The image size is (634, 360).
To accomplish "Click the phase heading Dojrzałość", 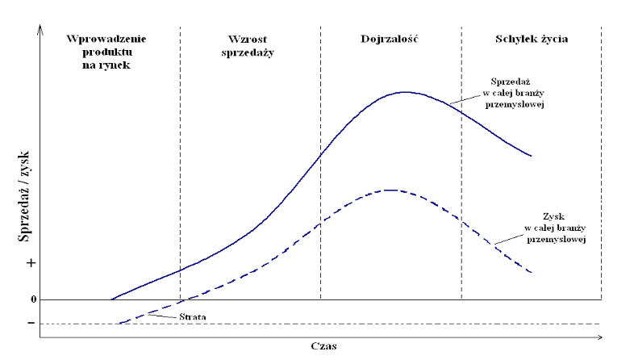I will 390,39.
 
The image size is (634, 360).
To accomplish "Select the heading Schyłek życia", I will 532,39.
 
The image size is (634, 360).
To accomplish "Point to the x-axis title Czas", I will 323,346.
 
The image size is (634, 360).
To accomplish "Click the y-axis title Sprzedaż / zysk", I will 23,197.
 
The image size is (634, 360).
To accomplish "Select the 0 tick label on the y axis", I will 33,299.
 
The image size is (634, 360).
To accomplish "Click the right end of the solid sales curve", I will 531,156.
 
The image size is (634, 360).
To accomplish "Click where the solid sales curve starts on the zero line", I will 110,299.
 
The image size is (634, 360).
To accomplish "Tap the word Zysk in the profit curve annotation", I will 554,216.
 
